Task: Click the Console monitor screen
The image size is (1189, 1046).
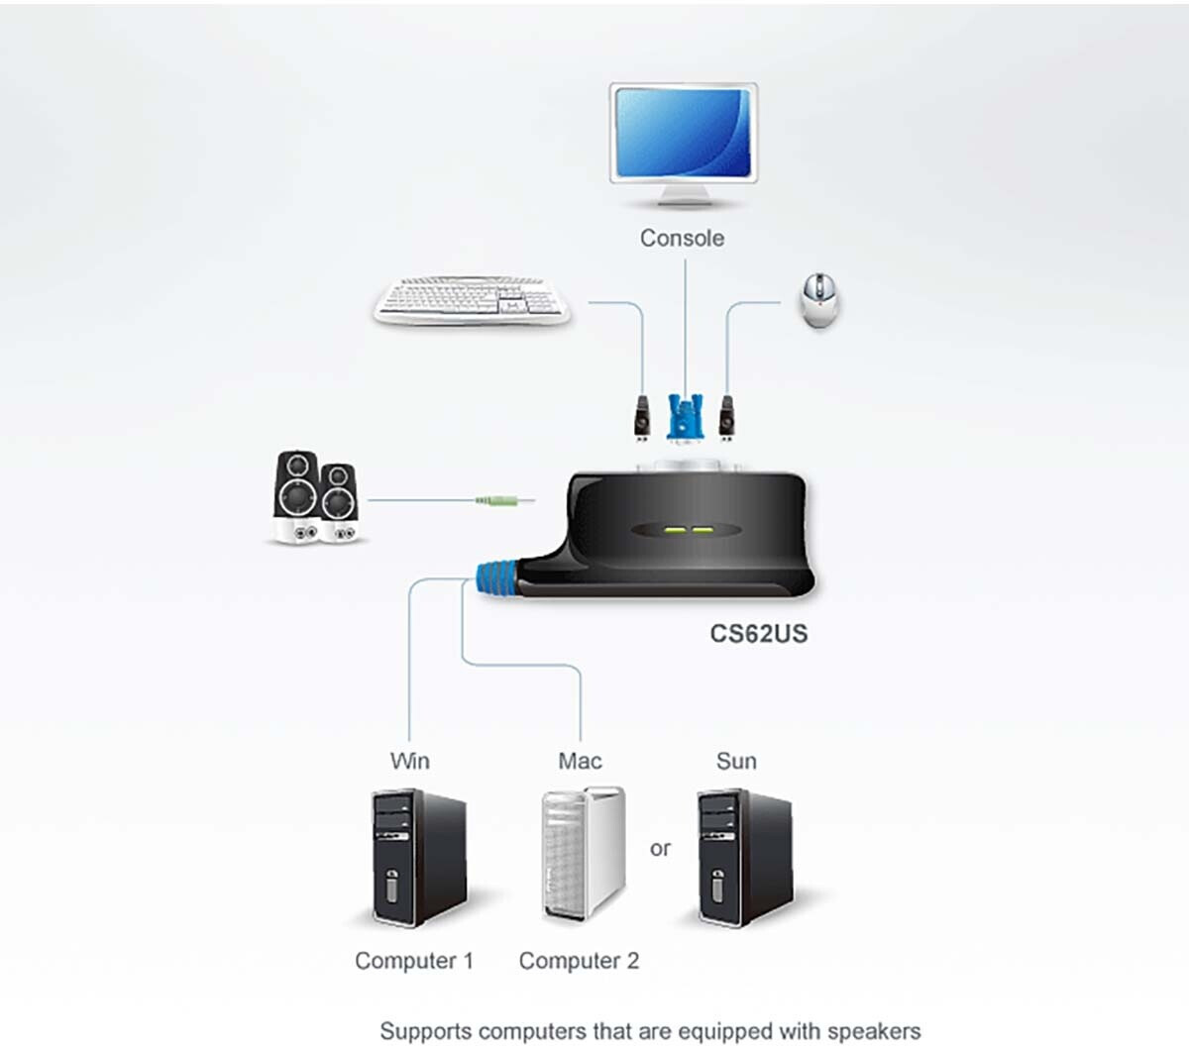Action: click(x=683, y=134)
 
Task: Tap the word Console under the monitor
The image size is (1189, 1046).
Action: click(x=682, y=238)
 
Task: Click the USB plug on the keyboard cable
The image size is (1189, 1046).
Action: click(x=642, y=417)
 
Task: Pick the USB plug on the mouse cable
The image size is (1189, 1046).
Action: click(x=728, y=417)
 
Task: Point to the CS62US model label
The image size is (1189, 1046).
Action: click(x=759, y=633)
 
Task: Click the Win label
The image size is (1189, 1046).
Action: click(x=409, y=761)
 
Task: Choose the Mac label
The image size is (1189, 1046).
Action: click(x=580, y=761)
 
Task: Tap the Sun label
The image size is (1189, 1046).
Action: click(x=736, y=761)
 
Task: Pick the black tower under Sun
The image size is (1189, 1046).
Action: click(x=743, y=856)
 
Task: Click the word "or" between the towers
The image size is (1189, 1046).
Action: click(x=660, y=849)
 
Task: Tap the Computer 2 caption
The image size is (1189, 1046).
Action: click(x=579, y=961)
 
